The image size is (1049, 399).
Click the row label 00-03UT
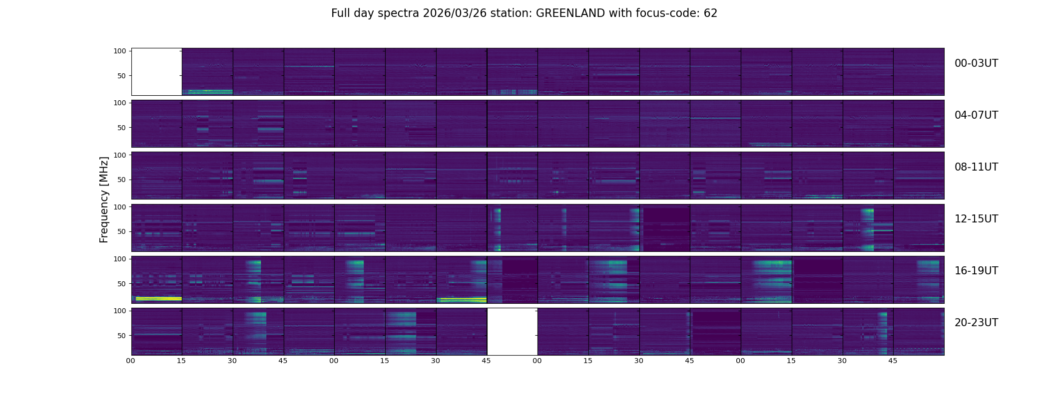point(976,63)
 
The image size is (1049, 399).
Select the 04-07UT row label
point(976,115)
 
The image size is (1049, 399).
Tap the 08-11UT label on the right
point(976,167)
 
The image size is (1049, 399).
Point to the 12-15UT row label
point(976,219)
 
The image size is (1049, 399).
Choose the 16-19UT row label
point(976,271)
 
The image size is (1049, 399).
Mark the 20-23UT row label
point(976,323)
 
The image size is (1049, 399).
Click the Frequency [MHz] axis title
point(104,199)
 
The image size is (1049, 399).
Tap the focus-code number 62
point(710,13)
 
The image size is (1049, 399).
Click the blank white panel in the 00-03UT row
point(156,71)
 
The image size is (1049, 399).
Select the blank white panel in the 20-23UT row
point(512,331)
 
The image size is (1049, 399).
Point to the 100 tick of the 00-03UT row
point(120,51)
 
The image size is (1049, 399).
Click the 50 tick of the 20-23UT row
point(122,336)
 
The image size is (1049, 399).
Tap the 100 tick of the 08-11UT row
point(120,155)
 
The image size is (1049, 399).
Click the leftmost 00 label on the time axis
point(131,361)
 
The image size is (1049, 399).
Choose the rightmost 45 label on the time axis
point(893,361)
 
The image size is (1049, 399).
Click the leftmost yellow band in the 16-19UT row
point(158,299)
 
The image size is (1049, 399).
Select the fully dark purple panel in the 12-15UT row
point(665,228)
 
